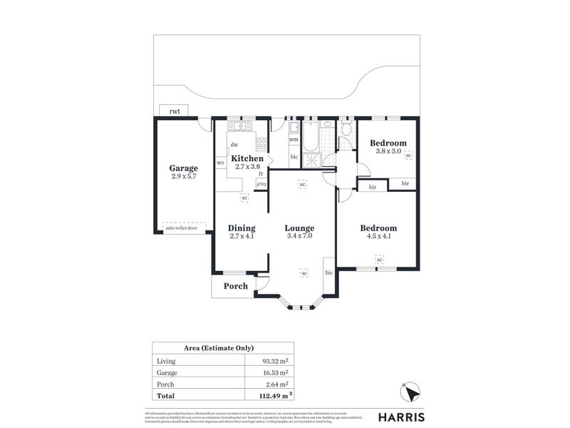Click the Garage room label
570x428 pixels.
tap(182, 168)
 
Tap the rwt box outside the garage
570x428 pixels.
tap(175, 111)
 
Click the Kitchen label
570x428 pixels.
tap(247, 158)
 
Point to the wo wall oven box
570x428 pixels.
tap(220, 163)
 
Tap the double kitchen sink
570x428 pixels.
tap(240, 126)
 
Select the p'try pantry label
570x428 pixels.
tap(261, 185)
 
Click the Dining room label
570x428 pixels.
tap(242, 228)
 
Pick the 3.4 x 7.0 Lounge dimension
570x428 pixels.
tap(299, 236)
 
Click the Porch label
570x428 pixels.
tap(236, 286)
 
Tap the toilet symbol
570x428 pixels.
tap(346, 128)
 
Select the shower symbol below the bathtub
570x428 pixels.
tap(312, 160)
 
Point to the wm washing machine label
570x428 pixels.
tap(294, 140)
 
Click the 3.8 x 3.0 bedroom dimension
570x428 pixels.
tap(388, 151)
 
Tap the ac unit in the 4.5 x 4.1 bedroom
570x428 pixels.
tap(379, 259)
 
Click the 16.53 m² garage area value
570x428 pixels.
tap(275, 372)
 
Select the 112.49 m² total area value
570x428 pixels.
tap(273, 394)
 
